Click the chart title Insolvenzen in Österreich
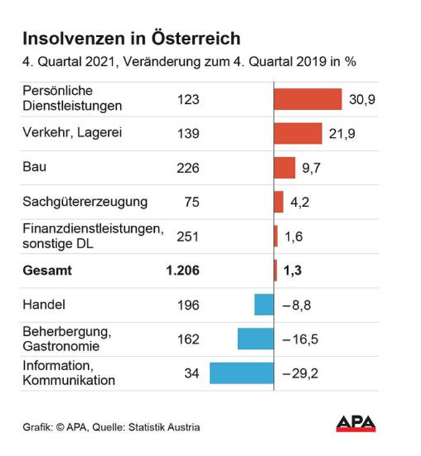(131, 39)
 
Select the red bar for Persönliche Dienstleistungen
(308, 99)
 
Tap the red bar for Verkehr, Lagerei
(298, 133)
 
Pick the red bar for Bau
(285, 167)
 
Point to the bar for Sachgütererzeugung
(279, 202)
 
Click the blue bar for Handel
(264, 305)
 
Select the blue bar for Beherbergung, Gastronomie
(256, 339)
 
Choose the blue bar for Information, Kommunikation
(241, 373)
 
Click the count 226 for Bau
(188, 167)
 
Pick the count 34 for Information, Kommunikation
(192, 373)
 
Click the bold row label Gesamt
(47, 271)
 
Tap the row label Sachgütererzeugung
(85, 202)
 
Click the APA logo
(356, 424)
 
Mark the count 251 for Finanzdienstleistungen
(188, 236)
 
